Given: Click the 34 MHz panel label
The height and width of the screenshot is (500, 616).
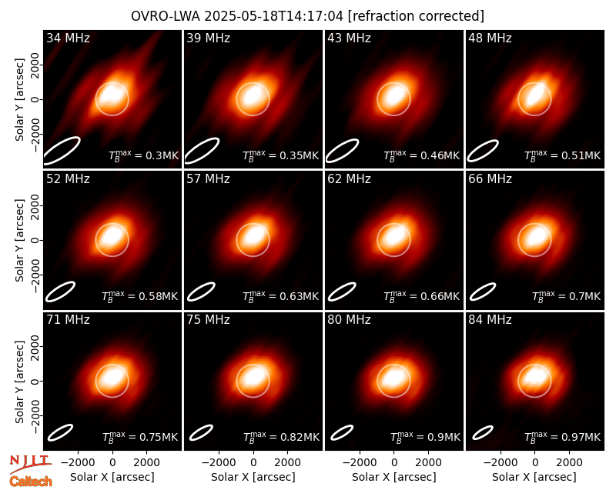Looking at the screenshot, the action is [x=68, y=38].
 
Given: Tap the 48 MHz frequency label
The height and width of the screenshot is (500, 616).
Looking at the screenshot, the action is [x=490, y=38].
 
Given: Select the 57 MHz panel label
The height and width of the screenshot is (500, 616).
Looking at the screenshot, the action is [x=208, y=179].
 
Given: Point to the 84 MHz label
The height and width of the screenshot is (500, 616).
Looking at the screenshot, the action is [x=490, y=320].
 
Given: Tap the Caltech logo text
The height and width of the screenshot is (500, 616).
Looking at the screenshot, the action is [x=31, y=482].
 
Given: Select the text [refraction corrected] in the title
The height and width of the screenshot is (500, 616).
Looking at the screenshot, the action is [x=416, y=16].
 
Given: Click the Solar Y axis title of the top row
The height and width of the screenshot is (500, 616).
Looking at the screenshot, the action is [x=19, y=100].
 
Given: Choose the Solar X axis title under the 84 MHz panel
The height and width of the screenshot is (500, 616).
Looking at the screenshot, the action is [x=534, y=477].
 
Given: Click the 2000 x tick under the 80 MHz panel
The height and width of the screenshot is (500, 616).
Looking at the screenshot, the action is [x=429, y=463].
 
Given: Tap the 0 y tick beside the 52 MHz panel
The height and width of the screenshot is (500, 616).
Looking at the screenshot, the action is [x=35, y=240].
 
